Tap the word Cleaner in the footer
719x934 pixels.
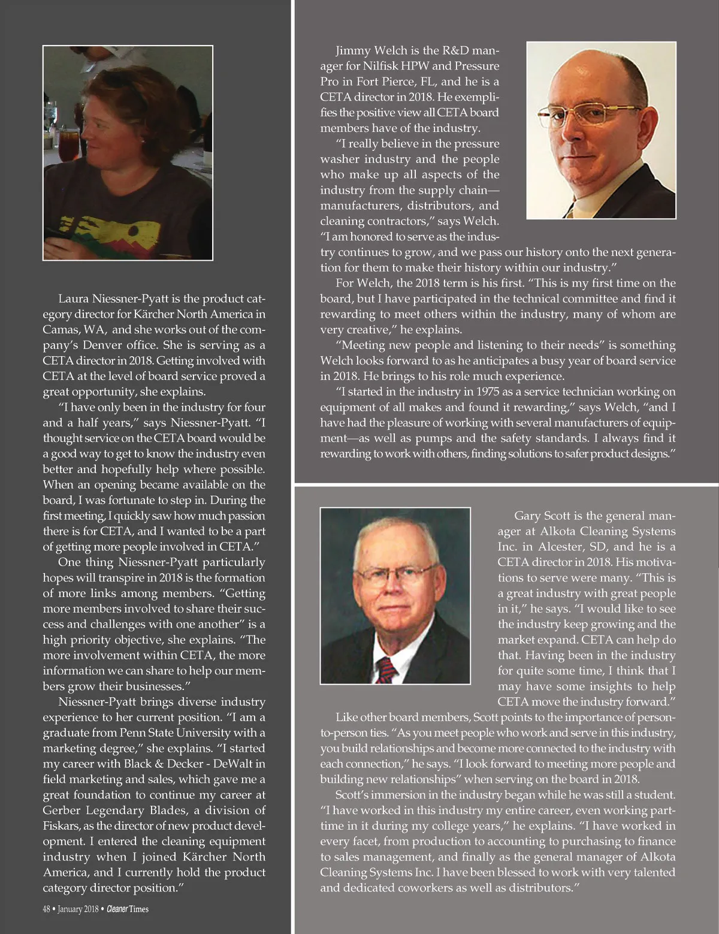click(117, 909)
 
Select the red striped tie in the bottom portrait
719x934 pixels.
click(386, 668)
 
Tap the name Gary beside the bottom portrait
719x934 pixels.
click(527, 516)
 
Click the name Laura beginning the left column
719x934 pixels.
click(74, 299)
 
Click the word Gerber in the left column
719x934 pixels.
click(61, 810)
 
